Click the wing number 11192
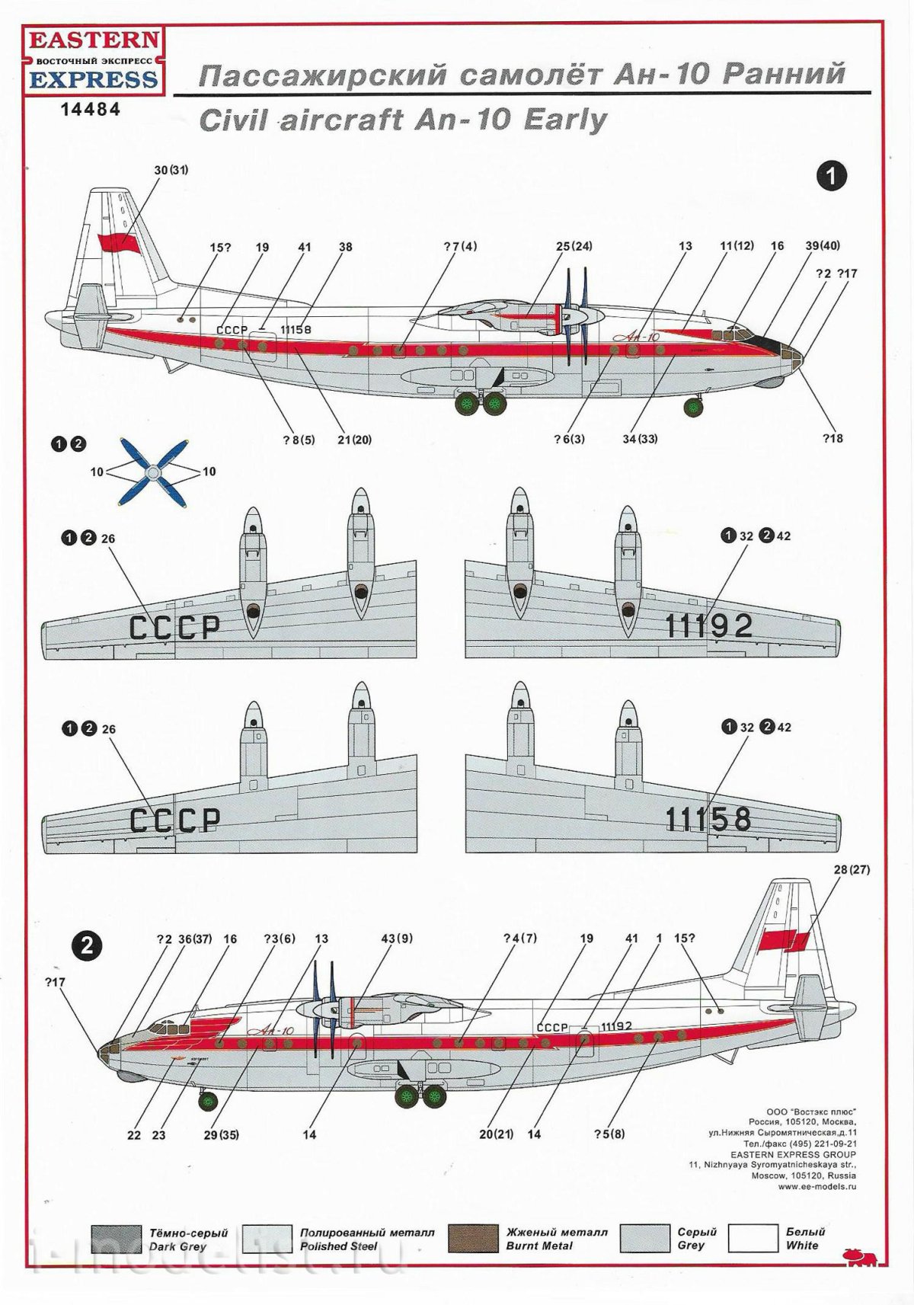708,626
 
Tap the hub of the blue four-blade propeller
154,472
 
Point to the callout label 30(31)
171,170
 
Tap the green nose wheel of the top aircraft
694,408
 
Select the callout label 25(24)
574,246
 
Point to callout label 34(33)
640,439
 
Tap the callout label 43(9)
398,939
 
